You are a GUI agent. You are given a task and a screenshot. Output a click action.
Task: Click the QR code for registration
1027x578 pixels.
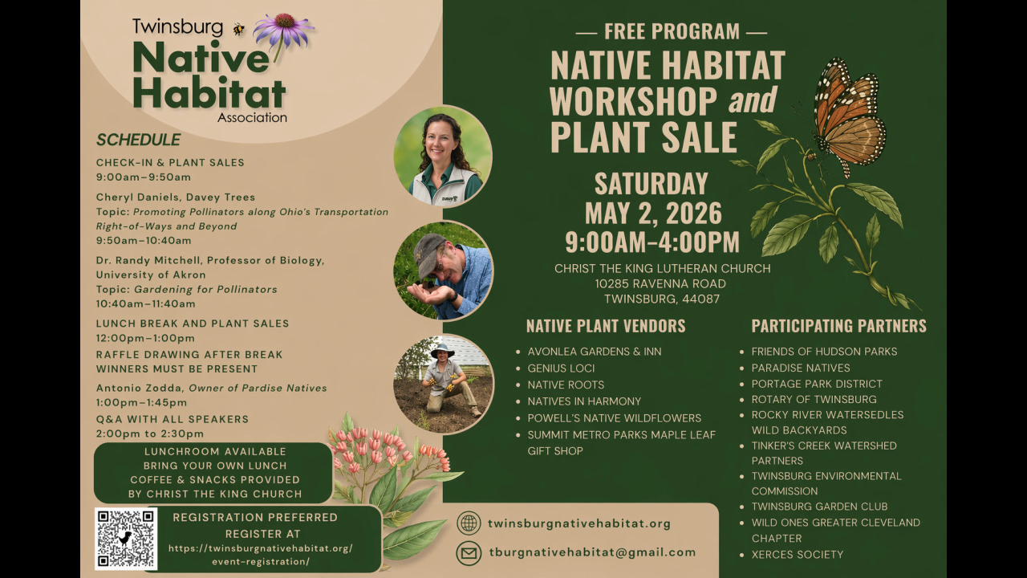(126, 539)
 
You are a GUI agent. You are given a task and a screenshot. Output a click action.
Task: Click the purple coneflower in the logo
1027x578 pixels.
(282, 30)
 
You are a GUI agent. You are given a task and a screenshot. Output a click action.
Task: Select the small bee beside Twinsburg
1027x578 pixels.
(239, 29)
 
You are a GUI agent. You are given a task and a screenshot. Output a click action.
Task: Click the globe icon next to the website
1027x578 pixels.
(469, 523)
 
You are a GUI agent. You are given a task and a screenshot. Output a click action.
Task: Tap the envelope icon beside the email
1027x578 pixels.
(469, 553)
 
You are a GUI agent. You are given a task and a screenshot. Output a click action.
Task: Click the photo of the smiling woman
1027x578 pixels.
(443, 157)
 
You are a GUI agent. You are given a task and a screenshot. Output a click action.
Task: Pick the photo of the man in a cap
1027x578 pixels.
(443, 271)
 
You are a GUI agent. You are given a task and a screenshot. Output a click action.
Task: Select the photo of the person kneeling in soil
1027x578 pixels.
(443, 384)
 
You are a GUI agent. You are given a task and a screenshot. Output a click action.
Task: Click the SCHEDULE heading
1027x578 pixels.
(138, 140)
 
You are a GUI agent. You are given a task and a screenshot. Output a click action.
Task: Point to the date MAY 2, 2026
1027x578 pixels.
(653, 214)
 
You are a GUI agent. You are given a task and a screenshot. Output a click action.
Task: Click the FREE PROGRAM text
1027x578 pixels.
(672, 32)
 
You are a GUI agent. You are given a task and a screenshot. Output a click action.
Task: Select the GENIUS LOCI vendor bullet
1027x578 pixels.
(561, 368)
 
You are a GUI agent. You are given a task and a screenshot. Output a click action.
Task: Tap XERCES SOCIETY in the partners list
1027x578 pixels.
(797, 555)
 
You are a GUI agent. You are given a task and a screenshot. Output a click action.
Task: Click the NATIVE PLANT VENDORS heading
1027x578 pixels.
(606, 326)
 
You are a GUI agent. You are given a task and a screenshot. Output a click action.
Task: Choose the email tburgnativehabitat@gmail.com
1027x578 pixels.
(592, 552)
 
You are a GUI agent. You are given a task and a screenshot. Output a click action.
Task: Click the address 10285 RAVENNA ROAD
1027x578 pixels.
(660, 283)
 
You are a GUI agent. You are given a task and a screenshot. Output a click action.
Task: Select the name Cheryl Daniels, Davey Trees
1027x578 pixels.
(176, 197)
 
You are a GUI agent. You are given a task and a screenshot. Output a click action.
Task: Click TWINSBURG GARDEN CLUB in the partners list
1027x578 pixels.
(819, 507)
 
